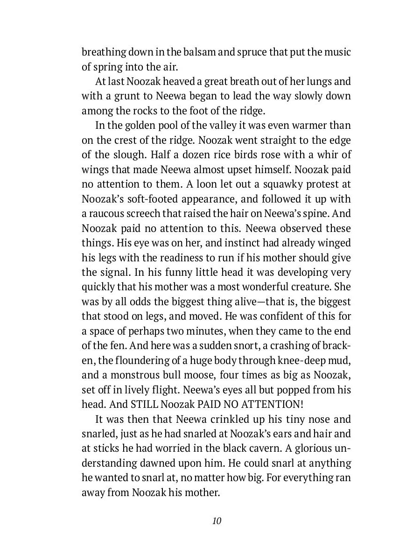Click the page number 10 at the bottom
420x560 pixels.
click(216, 521)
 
